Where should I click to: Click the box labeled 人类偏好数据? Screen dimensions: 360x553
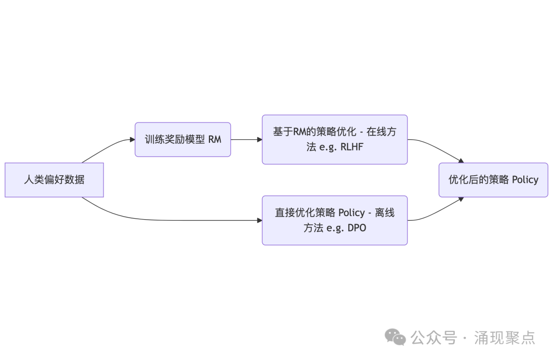pos(54,180)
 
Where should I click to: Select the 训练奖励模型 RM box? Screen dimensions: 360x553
pos(183,139)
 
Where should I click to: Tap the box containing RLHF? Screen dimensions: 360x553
pos(334,139)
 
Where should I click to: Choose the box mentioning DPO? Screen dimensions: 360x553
pos(334,220)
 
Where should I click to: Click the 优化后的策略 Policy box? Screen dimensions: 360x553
pos(493,180)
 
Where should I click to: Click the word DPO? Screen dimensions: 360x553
pos(356,228)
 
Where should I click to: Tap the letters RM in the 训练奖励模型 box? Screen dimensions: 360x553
pos(215,139)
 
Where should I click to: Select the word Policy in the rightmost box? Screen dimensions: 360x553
pos(525,180)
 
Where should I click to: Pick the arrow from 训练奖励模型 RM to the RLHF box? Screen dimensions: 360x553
pos(246,139)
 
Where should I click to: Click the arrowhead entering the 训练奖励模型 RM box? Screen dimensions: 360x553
pos(132,139)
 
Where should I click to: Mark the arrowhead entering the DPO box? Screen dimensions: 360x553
pos(259,220)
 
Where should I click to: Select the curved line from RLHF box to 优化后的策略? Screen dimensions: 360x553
pos(435,145)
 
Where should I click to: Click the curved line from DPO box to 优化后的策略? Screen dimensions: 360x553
pos(435,214)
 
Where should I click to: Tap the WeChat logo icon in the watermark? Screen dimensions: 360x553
pos(396,337)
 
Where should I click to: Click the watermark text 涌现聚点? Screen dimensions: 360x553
pos(504,337)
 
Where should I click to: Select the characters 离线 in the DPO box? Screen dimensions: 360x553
pos(384,213)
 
